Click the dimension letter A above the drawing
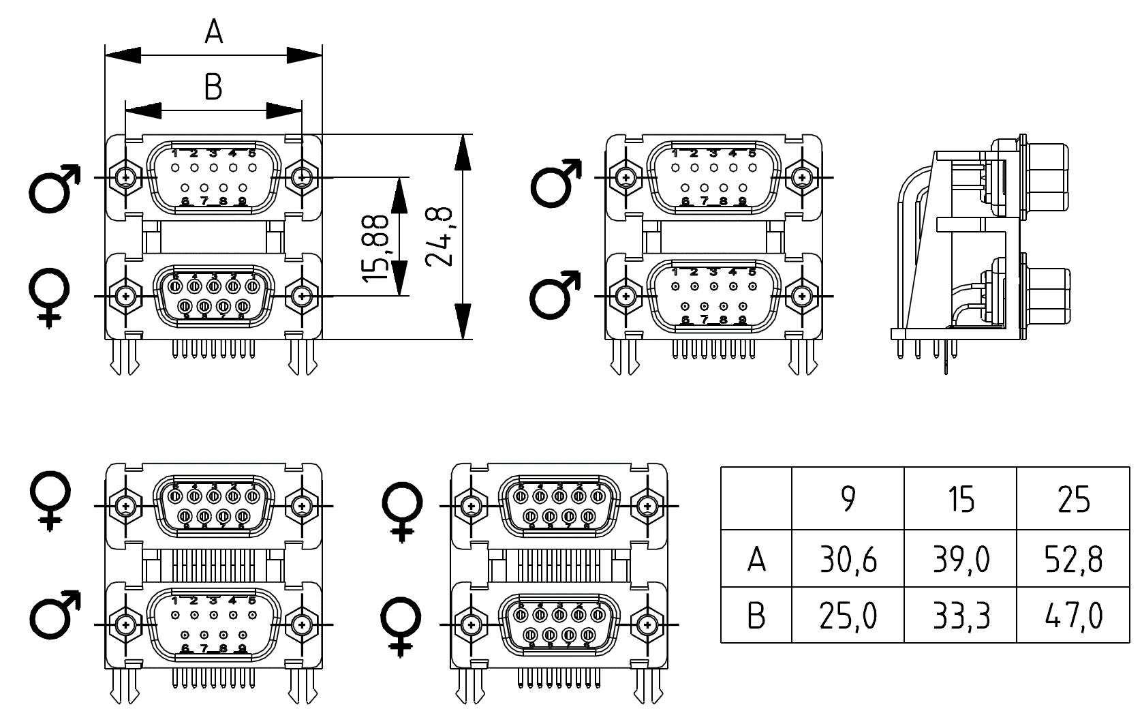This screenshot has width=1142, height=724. (x=214, y=31)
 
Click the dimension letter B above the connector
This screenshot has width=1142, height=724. (x=213, y=87)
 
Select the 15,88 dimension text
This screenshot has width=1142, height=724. (x=375, y=248)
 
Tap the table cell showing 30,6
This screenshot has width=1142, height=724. (x=848, y=560)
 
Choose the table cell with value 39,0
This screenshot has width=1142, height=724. (x=961, y=560)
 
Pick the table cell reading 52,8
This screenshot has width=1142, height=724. (x=1073, y=560)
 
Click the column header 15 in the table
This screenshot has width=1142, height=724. (x=961, y=500)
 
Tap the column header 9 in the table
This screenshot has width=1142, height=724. (x=848, y=500)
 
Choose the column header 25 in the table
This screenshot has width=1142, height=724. (x=1073, y=500)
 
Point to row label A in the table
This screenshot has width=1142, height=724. (x=756, y=560)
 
